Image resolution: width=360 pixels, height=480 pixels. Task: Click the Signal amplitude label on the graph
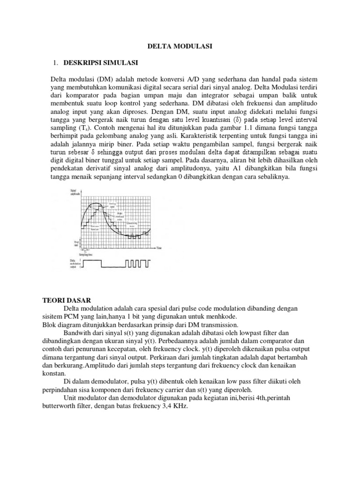pos(75,193)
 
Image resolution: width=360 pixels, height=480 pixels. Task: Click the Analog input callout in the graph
pos(112,205)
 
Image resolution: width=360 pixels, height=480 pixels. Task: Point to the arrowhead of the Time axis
pos(155,247)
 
